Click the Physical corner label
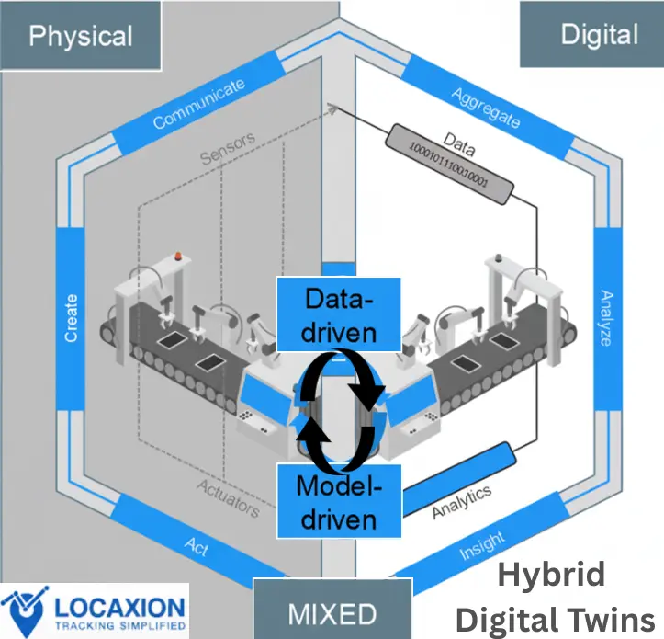81,36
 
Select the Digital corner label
599,35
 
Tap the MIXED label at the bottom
332,613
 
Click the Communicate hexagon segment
198,104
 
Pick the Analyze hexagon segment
605,317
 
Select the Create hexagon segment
71,318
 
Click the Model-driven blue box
339,500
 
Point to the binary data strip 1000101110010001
447,163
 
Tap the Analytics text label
462,500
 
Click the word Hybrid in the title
551,576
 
